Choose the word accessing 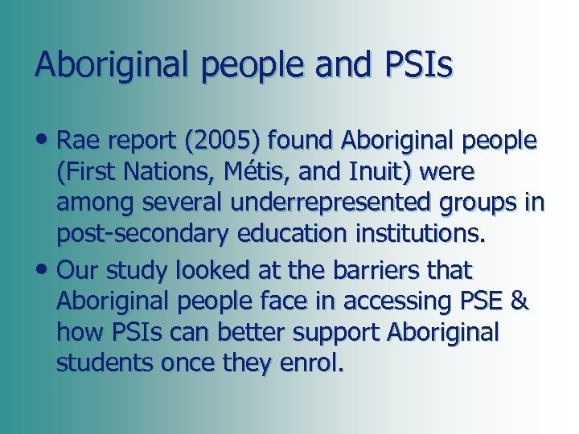coord(396,301)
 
